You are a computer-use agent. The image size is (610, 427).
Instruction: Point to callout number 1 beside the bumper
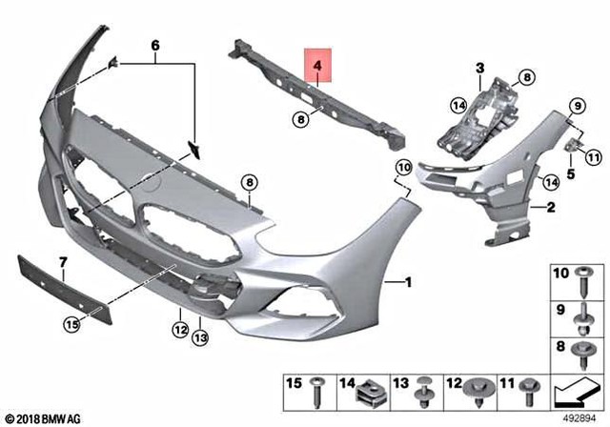click(410, 283)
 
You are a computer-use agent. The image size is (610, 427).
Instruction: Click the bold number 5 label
click(570, 175)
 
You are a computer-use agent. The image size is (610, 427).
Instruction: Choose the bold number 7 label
click(63, 261)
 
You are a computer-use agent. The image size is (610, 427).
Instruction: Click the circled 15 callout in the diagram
click(72, 325)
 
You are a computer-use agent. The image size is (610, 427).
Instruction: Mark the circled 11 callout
click(592, 156)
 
